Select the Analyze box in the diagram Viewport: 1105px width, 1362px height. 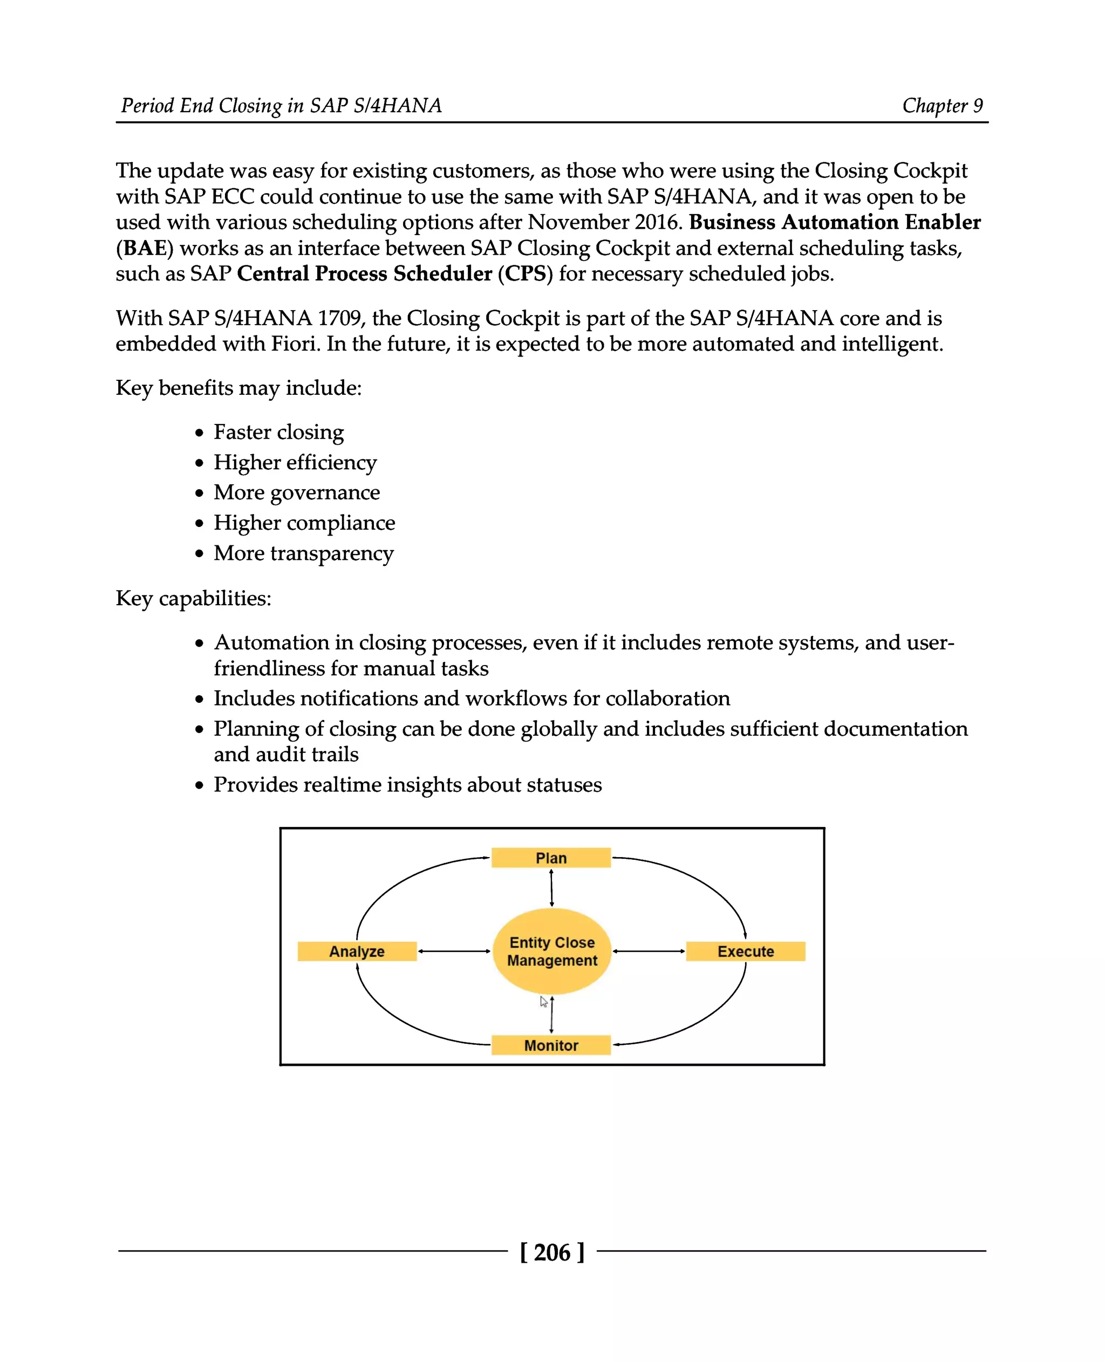357,951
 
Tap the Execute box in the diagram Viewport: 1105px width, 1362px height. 745,951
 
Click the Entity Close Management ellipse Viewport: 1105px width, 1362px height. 552,951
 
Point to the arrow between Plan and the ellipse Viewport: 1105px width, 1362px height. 551,888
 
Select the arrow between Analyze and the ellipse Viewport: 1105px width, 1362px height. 454,951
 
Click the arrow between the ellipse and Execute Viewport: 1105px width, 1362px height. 649,951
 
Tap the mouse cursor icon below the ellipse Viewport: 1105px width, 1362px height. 543,1002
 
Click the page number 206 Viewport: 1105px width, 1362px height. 552,1252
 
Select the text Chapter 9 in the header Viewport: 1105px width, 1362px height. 942,106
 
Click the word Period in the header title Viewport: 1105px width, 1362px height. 148,106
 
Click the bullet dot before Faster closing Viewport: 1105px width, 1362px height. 199,433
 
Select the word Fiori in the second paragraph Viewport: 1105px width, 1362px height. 295,344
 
